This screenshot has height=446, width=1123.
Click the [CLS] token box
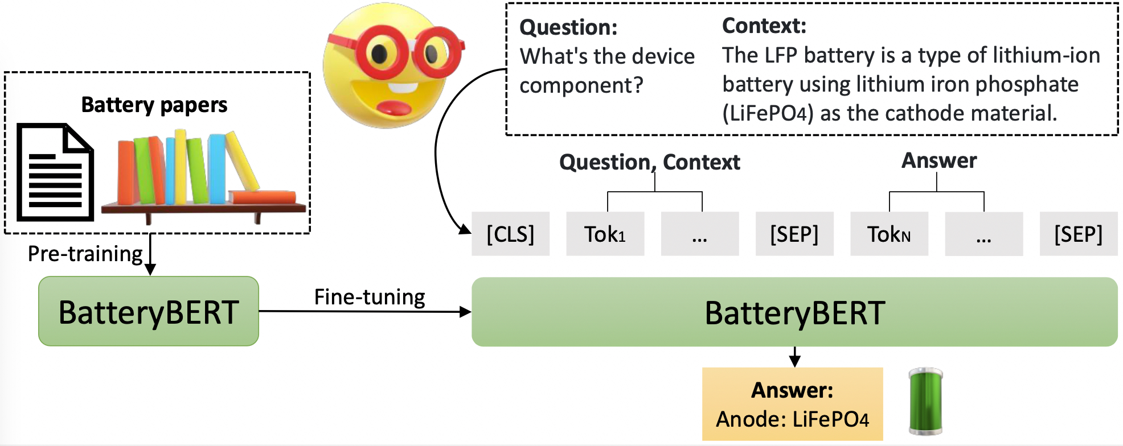tap(510, 234)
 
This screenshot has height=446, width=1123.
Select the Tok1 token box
tap(605, 234)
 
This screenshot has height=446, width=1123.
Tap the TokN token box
tap(889, 234)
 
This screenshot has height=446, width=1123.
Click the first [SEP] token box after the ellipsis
tap(794, 234)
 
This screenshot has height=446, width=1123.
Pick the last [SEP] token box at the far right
tap(1078, 234)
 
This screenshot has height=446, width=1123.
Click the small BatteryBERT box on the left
tap(149, 311)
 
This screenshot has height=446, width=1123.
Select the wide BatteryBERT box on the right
tap(794, 312)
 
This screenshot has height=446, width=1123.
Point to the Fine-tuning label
tap(370, 297)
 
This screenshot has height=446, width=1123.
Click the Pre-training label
tap(85, 254)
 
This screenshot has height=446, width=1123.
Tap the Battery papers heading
tap(154, 105)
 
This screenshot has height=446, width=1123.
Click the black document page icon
tap(55, 172)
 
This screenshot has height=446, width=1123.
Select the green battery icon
tap(925, 402)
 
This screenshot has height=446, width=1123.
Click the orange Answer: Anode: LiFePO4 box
tap(792, 404)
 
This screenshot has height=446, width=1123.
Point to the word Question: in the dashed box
tap(568, 27)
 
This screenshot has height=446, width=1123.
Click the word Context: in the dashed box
tap(764, 26)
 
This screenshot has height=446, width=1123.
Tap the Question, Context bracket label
tap(649, 162)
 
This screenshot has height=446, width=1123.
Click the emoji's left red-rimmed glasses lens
tap(380, 54)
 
